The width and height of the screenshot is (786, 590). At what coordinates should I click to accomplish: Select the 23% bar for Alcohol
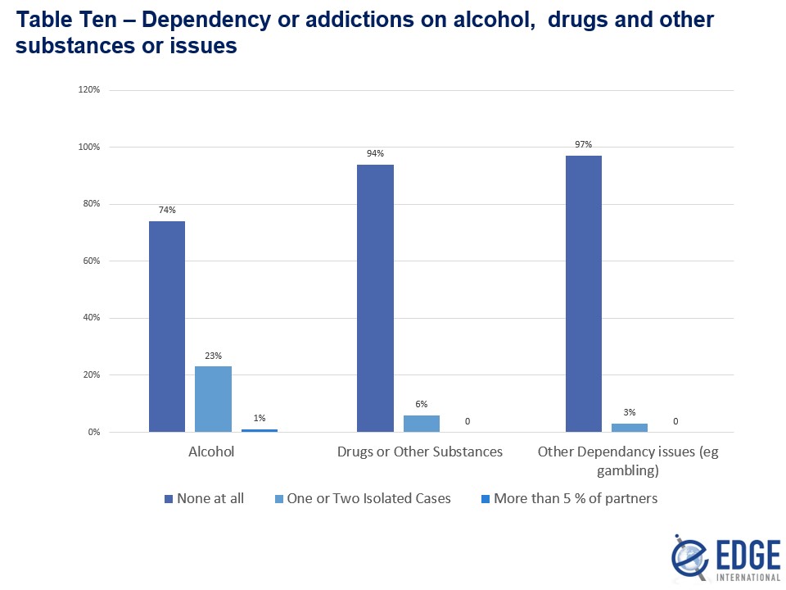coord(213,399)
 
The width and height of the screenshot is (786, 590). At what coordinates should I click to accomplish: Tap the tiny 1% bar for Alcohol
coord(259,430)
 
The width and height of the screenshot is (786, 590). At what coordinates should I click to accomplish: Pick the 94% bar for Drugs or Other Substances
coord(375,298)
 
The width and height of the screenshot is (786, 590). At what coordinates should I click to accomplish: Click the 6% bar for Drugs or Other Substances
coord(422,424)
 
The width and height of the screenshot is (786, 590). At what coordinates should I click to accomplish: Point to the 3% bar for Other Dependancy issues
coord(630,428)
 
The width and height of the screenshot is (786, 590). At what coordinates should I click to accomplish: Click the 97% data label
coord(584,145)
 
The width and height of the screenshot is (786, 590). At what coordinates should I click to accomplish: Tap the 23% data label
coord(213,356)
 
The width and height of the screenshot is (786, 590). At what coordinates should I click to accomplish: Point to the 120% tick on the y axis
coord(88,90)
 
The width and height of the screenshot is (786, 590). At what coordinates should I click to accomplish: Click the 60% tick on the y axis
coord(90,261)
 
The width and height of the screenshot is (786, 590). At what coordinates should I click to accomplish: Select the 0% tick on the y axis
coord(93,433)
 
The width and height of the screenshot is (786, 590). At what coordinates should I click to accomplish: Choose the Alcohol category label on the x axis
coord(211,452)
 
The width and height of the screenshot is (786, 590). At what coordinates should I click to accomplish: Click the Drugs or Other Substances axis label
coord(421,452)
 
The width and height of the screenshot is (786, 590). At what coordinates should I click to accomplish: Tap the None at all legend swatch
coord(169,498)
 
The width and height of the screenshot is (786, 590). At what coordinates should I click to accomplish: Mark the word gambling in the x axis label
coord(628,471)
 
